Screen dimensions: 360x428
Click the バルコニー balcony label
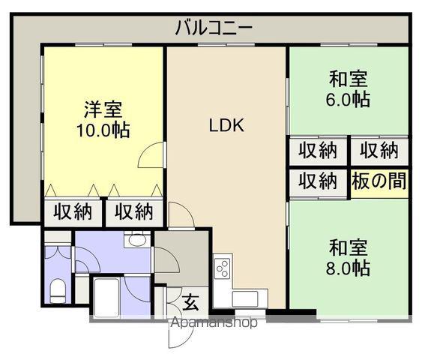tap(214, 28)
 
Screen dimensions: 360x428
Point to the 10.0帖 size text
tap(103, 130)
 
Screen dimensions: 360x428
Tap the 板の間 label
tap(379, 180)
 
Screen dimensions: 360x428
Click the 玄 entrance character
tap(191, 303)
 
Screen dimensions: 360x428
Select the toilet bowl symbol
tap(58, 289)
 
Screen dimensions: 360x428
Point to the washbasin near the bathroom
tap(136, 240)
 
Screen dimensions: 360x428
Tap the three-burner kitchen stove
tap(223, 267)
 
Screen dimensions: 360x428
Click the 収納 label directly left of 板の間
tap(318, 180)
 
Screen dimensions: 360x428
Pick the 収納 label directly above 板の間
tap(379, 150)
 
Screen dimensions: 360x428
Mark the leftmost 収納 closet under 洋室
tap(73, 212)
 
